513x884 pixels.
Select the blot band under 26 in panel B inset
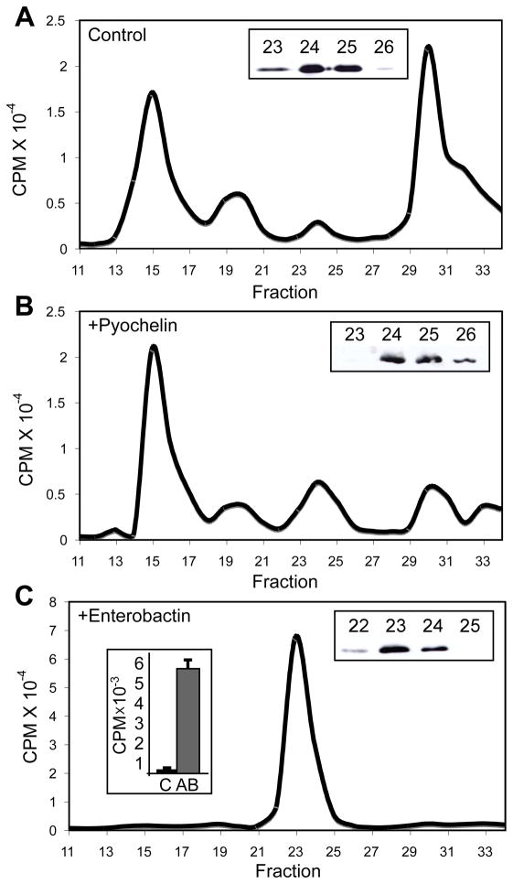click(466, 361)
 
